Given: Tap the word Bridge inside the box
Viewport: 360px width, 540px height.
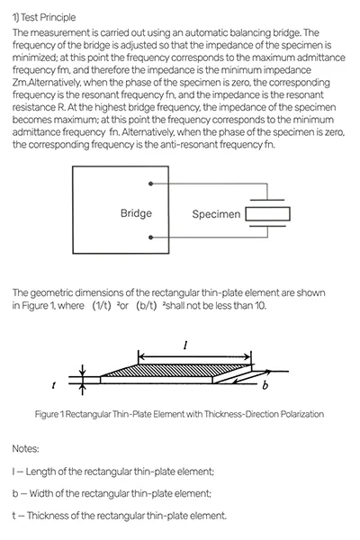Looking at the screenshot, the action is click(x=136, y=213).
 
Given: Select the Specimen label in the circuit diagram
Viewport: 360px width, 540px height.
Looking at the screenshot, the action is click(x=216, y=214).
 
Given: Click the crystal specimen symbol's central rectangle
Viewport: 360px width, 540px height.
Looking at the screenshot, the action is click(x=267, y=213).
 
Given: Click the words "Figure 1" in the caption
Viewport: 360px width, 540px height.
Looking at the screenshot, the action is click(x=81, y=414).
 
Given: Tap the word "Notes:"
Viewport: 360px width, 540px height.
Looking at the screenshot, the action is click(x=27, y=447).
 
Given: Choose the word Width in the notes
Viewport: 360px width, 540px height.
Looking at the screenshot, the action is click(x=45, y=493).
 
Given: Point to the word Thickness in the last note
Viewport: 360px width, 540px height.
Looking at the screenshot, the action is click(x=52, y=516).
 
